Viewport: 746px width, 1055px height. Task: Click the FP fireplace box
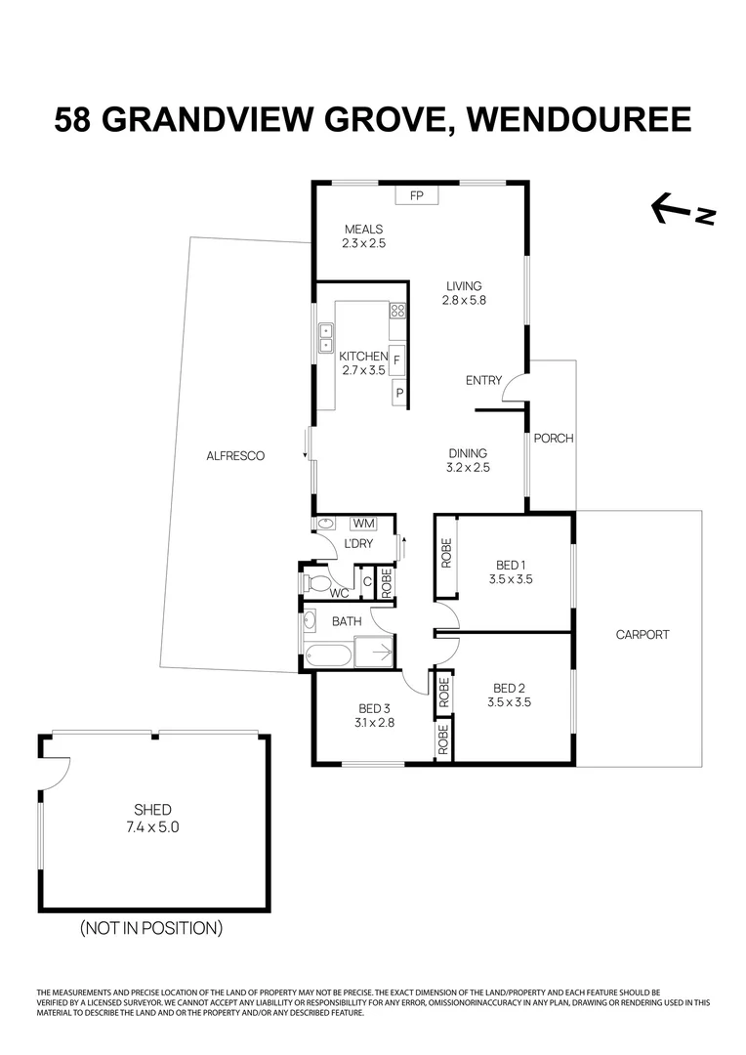click(x=417, y=196)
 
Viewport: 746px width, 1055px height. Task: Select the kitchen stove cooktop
click(x=397, y=312)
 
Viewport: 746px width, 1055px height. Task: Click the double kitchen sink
click(x=324, y=338)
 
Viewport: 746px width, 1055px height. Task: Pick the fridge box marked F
click(x=396, y=361)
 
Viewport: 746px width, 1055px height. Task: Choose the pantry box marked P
click(x=398, y=394)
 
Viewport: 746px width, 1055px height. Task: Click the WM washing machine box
click(x=363, y=525)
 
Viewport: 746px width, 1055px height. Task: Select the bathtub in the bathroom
click(x=328, y=654)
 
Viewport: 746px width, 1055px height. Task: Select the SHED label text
click(x=153, y=810)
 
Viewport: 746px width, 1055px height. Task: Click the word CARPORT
click(x=642, y=635)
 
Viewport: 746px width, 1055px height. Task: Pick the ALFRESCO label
click(x=235, y=456)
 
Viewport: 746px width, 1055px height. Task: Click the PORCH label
click(x=553, y=439)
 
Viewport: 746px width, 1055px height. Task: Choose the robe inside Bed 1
click(x=445, y=555)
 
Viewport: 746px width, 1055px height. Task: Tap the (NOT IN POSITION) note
click(x=151, y=927)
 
